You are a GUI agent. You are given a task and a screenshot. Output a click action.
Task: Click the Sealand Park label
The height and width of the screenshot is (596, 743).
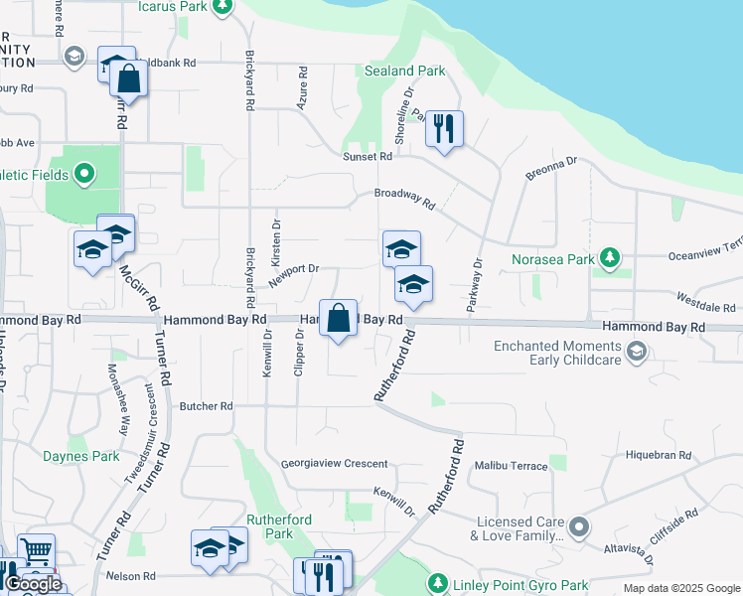click(x=404, y=72)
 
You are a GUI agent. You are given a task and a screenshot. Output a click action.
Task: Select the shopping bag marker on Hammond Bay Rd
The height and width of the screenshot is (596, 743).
click(x=339, y=319)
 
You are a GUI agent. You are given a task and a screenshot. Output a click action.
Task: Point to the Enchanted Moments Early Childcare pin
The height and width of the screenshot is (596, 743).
click(x=636, y=350)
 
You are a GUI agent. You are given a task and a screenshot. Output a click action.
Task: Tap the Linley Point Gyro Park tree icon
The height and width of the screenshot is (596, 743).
click(x=436, y=582)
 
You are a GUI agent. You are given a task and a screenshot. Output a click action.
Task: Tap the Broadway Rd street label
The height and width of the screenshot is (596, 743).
click(x=404, y=200)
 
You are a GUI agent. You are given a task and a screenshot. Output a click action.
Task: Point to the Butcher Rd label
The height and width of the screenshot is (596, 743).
click(x=206, y=406)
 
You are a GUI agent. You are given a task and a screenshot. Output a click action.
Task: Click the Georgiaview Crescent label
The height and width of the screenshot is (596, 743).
click(x=334, y=464)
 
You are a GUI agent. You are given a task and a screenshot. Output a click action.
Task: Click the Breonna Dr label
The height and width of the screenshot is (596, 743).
click(x=551, y=167)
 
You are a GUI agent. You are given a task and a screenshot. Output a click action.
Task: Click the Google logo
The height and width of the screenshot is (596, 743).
click(x=33, y=584)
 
